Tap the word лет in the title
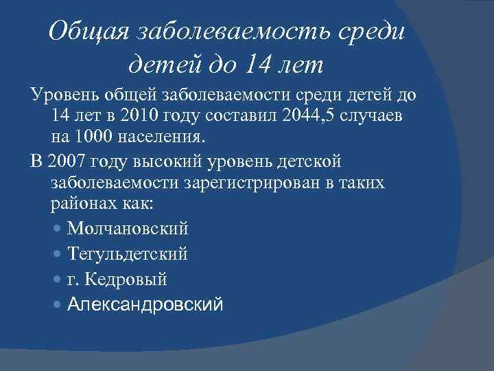tap(300, 66)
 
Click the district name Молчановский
tap(128, 229)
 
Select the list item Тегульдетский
tap(128, 254)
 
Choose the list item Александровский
tap(145, 305)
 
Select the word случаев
tap(392, 115)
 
